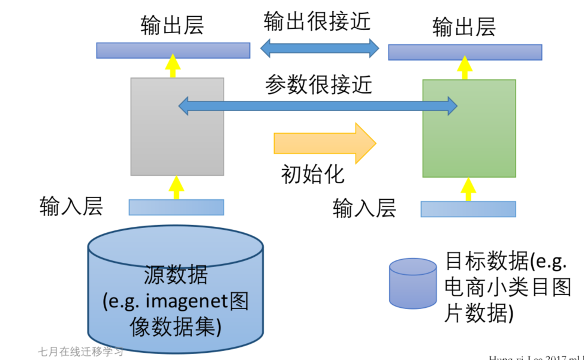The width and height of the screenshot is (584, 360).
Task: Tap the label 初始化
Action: click(x=313, y=174)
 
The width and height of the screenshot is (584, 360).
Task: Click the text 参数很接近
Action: click(x=318, y=85)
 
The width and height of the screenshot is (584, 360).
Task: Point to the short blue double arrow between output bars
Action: click(x=320, y=48)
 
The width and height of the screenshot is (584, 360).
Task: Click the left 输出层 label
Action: click(x=173, y=26)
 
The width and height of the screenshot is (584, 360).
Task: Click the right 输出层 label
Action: click(x=464, y=27)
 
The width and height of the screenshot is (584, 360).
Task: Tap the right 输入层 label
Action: click(x=364, y=208)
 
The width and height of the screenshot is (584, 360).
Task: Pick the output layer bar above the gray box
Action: click(x=173, y=50)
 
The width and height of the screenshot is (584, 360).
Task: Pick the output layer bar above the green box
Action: click(x=465, y=52)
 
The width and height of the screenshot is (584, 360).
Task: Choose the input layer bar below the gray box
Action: click(x=176, y=207)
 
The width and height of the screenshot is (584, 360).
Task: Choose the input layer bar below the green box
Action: click(x=468, y=209)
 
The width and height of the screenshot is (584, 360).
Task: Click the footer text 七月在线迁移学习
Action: click(x=81, y=351)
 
